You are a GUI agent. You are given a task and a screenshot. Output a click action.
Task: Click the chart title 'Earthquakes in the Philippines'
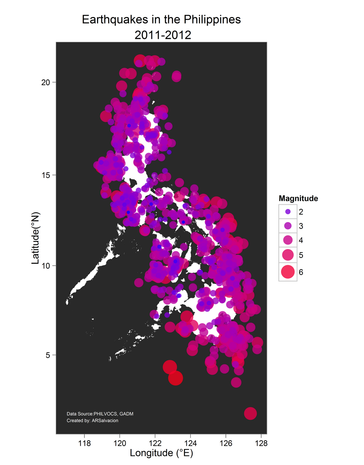coord(161,20)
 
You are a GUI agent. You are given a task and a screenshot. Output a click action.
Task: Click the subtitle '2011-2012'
coord(163,35)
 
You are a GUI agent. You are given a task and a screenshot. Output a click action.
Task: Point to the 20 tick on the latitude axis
coord(45,82)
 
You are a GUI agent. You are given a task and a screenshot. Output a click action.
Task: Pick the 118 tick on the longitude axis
coord(84,443)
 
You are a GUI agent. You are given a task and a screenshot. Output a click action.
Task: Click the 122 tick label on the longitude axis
coord(155,443)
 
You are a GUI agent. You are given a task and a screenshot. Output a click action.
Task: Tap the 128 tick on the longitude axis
coord(261,443)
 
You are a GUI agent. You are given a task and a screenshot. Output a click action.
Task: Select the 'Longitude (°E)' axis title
coord(161,453)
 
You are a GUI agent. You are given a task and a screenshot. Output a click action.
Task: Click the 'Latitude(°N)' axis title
coord(35,238)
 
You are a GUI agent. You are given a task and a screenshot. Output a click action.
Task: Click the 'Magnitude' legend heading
coord(298,198)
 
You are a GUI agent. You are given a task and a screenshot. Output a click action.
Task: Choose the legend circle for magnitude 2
coord(288,212)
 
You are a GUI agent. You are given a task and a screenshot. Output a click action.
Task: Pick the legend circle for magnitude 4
coord(288,240)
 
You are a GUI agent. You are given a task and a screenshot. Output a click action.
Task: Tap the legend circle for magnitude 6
coord(288,272)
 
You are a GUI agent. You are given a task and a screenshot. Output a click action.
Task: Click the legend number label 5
coord(301,255)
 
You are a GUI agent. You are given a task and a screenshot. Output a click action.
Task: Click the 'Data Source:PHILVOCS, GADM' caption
coord(100,414)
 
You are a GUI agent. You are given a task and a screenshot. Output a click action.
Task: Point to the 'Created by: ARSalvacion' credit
coord(92,421)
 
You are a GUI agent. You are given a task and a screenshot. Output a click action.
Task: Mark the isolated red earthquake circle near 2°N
coord(251,413)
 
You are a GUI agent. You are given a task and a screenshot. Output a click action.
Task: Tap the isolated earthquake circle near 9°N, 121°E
coord(139,282)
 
